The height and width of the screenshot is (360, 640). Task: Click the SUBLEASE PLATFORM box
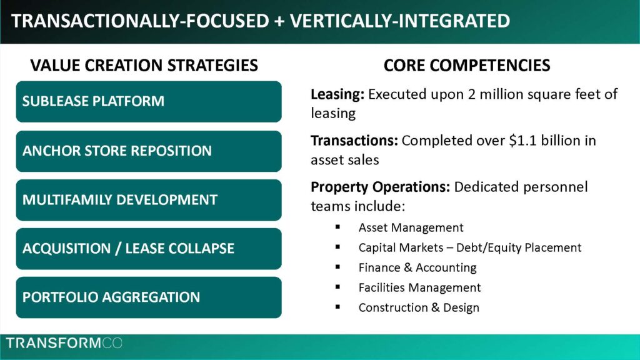tap(149, 102)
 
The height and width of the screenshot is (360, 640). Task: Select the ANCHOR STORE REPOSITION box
tap(149, 151)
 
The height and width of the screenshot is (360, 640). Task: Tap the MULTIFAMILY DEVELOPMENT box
tap(149, 200)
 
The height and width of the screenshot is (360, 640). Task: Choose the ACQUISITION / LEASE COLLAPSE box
tap(149, 249)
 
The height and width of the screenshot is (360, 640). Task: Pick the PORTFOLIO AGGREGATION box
tap(149, 297)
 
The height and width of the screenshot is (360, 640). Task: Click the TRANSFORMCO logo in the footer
tap(64, 343)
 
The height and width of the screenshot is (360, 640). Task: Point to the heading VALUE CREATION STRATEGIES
tap(144, 65)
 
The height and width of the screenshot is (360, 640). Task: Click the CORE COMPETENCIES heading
tap(467, 65)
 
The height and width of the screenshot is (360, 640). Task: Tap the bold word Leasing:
tap(337, 94)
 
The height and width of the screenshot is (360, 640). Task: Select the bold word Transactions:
tap(354, 141)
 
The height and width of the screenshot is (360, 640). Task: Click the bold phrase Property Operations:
tap(380, 187)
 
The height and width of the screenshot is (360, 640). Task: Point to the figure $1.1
tap(523, 141)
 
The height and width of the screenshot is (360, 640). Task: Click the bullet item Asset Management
tap(411, 227)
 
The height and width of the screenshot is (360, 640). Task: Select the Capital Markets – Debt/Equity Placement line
tap(470, 247)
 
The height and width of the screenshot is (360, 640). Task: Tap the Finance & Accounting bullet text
tap(417, 267)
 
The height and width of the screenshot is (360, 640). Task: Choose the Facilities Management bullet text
tap(419, 287)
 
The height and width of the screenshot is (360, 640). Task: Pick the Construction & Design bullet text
tap(419, 307)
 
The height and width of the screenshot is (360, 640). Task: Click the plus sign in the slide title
tap(279, 21)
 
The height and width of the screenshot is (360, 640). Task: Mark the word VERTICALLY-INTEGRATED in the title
tap(400, 21)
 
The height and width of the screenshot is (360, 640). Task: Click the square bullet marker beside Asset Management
tap(337, 227)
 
